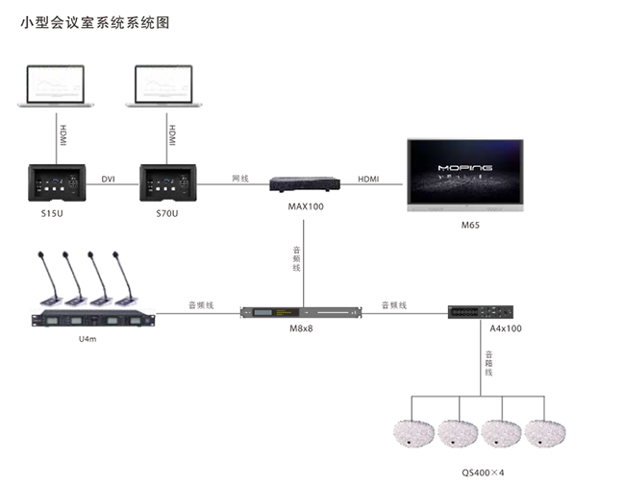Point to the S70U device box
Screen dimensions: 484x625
(160, 179)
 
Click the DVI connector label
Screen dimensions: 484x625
(108, 179)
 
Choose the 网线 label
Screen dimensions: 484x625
(240, 179)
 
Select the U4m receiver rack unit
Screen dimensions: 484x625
(92, 321)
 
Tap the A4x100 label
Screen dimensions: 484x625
(505, 328)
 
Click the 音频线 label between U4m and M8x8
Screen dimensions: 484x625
(200, 304)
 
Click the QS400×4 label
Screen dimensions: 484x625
(487, 472)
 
